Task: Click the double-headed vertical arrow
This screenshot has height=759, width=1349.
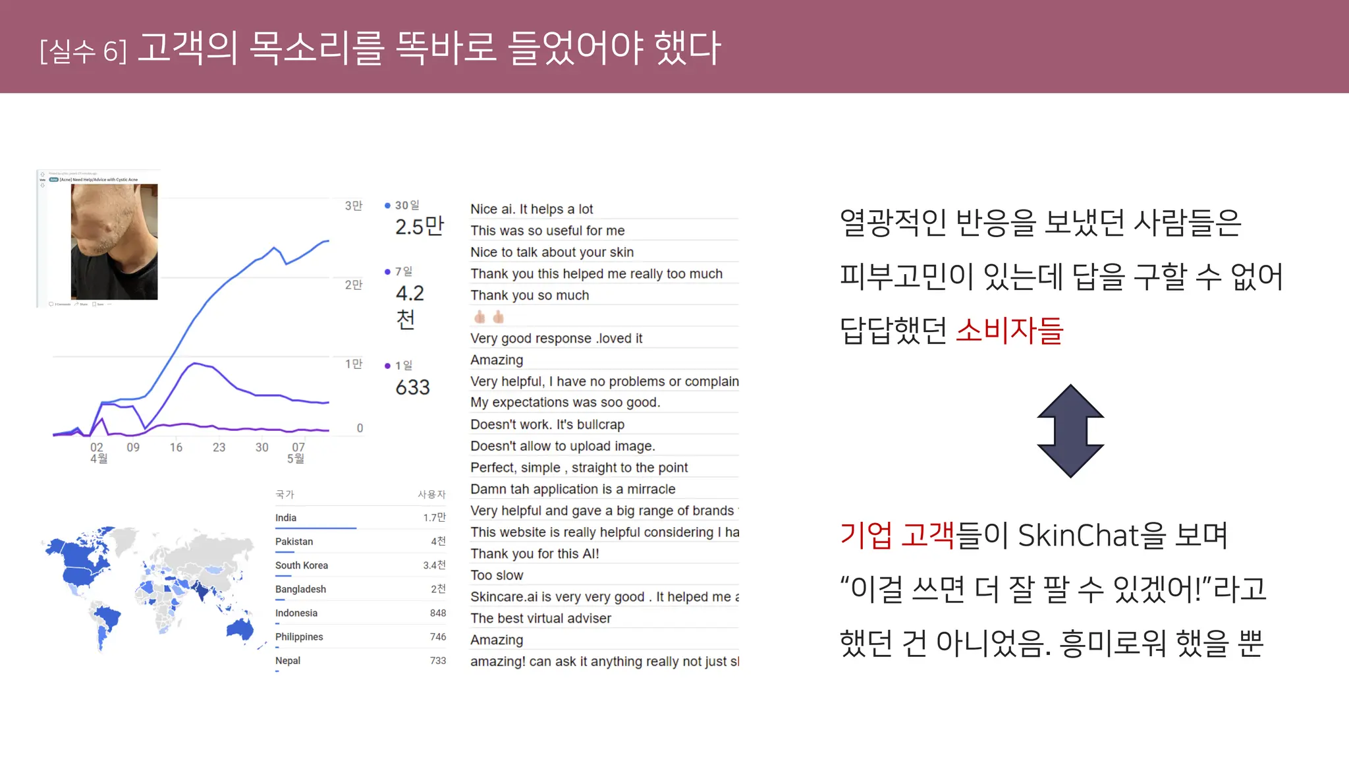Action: (x=1070, y=431)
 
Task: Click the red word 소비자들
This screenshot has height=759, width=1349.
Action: (x=1009, y=331)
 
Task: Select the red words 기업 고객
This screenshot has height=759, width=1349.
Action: (x=896, y=535)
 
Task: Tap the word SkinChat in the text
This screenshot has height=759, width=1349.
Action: (x=1086, y=535)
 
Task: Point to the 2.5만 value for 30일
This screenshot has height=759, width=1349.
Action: (x=420, y=227)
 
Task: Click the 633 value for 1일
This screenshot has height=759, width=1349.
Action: (x=412, y=387)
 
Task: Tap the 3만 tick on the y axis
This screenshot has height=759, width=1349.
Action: (x=354, y=206)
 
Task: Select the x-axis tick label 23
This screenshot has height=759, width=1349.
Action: (x=219, y=447)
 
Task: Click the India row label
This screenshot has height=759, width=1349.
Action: (x=286, y=518)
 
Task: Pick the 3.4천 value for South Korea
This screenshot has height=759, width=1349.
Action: (x=434, y=565)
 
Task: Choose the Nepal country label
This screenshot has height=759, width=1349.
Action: (x=288, y=661)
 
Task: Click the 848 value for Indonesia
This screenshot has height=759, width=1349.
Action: (x=438, y=613)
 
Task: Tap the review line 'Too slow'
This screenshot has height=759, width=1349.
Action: (x=497, y=575)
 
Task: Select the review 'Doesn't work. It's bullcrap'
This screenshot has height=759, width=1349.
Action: (x=547, y=424)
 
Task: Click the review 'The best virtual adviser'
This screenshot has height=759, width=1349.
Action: (x=541, y=618)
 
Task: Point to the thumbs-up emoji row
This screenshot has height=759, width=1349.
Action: (x=489, y=317)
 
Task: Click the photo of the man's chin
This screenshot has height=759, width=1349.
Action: (x=114, y=241)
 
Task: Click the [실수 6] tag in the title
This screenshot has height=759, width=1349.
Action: (x=83, y=51)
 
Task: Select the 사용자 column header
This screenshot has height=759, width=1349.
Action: (x=431, y=494)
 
